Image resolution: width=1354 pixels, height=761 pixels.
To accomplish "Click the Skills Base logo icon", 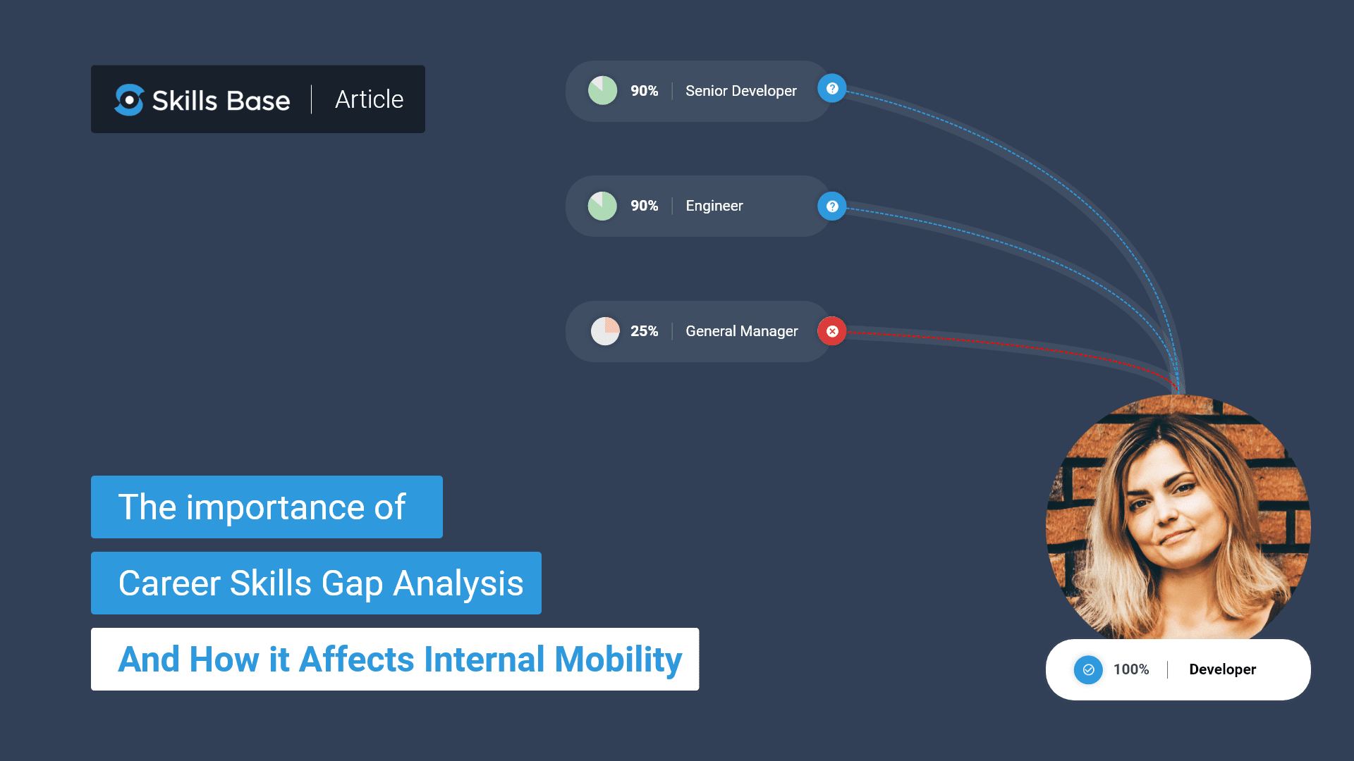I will pos(129,100).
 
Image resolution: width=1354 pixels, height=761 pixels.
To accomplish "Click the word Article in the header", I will pos(369,99).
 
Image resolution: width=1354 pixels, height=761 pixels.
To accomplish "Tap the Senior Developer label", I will pos(740,91).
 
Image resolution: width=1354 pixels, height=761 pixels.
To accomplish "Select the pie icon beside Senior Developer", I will pos(602,91).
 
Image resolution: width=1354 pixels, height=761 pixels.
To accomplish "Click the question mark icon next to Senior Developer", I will pos(832,89).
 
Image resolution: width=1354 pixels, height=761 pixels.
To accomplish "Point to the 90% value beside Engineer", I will pos(644,206).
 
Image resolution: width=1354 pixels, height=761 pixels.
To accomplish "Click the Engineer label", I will pos(714,206).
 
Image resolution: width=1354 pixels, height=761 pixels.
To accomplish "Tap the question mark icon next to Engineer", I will pos(832,206).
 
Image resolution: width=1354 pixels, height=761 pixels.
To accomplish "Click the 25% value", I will pos(644,331).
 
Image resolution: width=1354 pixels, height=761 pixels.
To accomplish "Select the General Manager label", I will pos(741,331).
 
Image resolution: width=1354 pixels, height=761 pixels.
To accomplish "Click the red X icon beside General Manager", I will pos(832,331).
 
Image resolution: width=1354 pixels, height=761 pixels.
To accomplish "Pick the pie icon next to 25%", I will pos(605,331).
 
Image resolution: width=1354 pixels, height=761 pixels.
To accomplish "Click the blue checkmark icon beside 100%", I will pos(1088,669).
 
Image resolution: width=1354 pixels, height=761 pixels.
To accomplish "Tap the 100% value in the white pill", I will pos(1130,669).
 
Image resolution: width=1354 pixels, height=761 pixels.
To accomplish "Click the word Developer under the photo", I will pos(1222,669).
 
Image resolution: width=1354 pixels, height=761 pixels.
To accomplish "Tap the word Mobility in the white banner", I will pos(618,660).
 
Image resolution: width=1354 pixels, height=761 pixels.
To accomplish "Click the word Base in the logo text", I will pos(258,101).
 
